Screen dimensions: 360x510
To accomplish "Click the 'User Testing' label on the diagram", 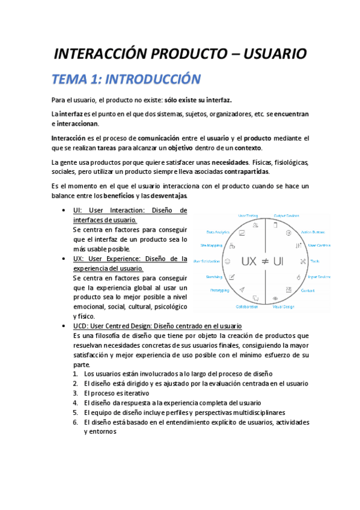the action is click(x=248, y=215).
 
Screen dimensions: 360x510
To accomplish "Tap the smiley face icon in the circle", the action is click(x=227, y=262).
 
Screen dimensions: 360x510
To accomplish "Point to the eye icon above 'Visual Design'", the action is click(x=275, y=298).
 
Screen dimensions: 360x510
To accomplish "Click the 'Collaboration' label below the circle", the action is click(x=246, y=307).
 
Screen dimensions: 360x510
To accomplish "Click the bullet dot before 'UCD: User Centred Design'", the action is click(x=64, y=325).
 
